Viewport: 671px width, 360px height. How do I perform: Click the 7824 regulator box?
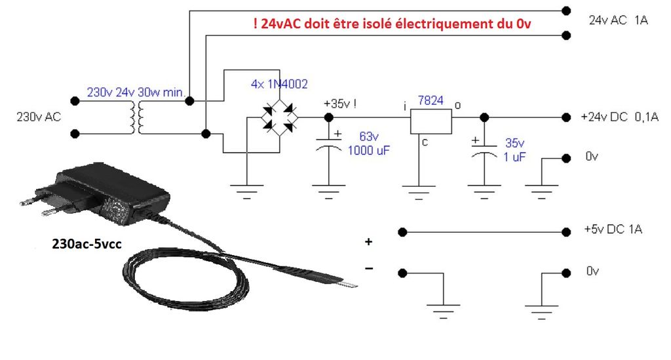(431, 121)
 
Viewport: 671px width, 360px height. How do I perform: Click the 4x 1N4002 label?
(279, 84)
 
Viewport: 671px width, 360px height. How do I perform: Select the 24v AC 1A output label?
(618, 20)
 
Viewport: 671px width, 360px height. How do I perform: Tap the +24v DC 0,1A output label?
(619, 117)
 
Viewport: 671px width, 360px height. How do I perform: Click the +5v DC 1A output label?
(612, 230)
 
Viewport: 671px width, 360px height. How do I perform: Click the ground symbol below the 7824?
(418, 190)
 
